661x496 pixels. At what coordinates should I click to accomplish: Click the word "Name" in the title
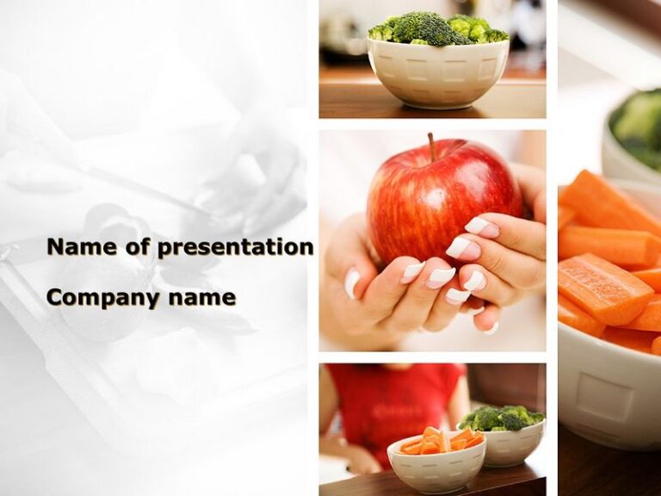[82, 247]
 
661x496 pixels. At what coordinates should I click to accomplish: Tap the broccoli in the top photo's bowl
[437, 31]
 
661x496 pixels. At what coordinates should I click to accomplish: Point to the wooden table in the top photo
[344, 99]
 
